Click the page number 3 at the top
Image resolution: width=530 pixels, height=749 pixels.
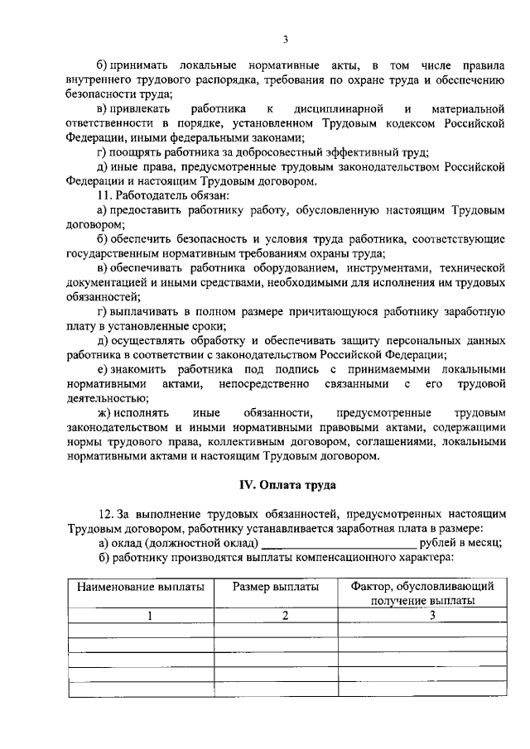pyautogui.click(x=284, y=38)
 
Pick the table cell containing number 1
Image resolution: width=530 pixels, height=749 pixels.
pyautogui.click(x=141, y=615)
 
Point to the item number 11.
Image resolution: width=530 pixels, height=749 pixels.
pyautogui.click(x=105, y=195)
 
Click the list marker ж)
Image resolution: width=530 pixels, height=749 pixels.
pyautogui.click(x=106, y=412)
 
